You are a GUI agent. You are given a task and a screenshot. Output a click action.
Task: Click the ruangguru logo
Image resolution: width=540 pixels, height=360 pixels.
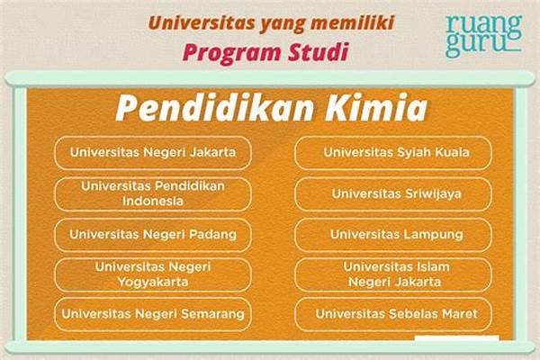[484, 35]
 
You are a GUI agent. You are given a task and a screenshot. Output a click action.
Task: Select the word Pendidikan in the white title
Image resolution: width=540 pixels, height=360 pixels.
[215, 107]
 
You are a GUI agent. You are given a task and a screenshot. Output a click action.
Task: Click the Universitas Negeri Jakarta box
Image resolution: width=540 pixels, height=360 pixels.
[153, 153]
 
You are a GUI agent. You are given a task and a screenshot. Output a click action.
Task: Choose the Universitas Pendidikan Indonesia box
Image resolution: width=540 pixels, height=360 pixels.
[153, 193]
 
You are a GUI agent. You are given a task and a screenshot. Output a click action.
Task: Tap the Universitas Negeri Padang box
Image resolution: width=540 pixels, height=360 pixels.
[153, 235]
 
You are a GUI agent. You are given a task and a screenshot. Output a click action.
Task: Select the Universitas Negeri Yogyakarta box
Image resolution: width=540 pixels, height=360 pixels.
[153, 274]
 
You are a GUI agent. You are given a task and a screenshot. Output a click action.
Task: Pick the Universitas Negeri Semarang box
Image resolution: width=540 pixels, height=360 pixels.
[153, 314]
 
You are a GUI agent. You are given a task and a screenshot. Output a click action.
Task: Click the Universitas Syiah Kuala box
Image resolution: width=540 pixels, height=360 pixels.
[393, 153]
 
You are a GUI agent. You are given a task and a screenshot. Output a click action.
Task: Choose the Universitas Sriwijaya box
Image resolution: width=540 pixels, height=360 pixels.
[393, 193]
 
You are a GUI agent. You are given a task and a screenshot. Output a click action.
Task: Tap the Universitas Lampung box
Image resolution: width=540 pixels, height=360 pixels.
[393, 235]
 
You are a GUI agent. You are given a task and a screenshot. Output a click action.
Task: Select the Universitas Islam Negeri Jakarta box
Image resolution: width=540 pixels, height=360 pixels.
[393, 274]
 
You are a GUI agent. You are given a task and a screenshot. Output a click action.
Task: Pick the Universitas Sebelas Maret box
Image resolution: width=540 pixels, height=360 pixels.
[393, 314]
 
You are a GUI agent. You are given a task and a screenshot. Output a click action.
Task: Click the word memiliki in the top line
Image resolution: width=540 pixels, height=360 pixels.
[352, 22]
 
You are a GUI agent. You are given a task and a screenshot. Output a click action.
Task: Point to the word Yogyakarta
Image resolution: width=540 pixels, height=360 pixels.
[153, 283]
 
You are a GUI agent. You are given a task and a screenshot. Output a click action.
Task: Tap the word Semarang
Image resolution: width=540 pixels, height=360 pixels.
[212, 314]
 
